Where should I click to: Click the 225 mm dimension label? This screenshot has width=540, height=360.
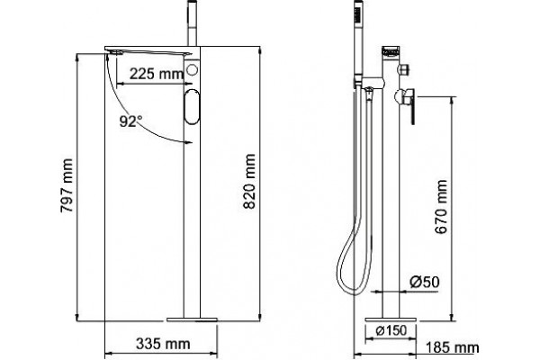tap(156, 74)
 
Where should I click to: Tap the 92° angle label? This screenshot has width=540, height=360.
tap(130, 121)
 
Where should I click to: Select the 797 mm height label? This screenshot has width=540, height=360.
tap(67, 185)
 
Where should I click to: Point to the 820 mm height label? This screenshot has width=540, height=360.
tap(249, 181)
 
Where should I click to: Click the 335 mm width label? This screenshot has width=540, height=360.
tap(163, 344)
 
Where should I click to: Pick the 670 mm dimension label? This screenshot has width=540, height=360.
tap(441, 207)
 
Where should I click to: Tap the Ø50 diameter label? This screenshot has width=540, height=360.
tap(425, 282)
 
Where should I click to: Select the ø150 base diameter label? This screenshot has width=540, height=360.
tap(391, 330)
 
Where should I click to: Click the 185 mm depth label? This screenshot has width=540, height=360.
tap(452, 347)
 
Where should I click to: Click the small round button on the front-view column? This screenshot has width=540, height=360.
tap(192, 70)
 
